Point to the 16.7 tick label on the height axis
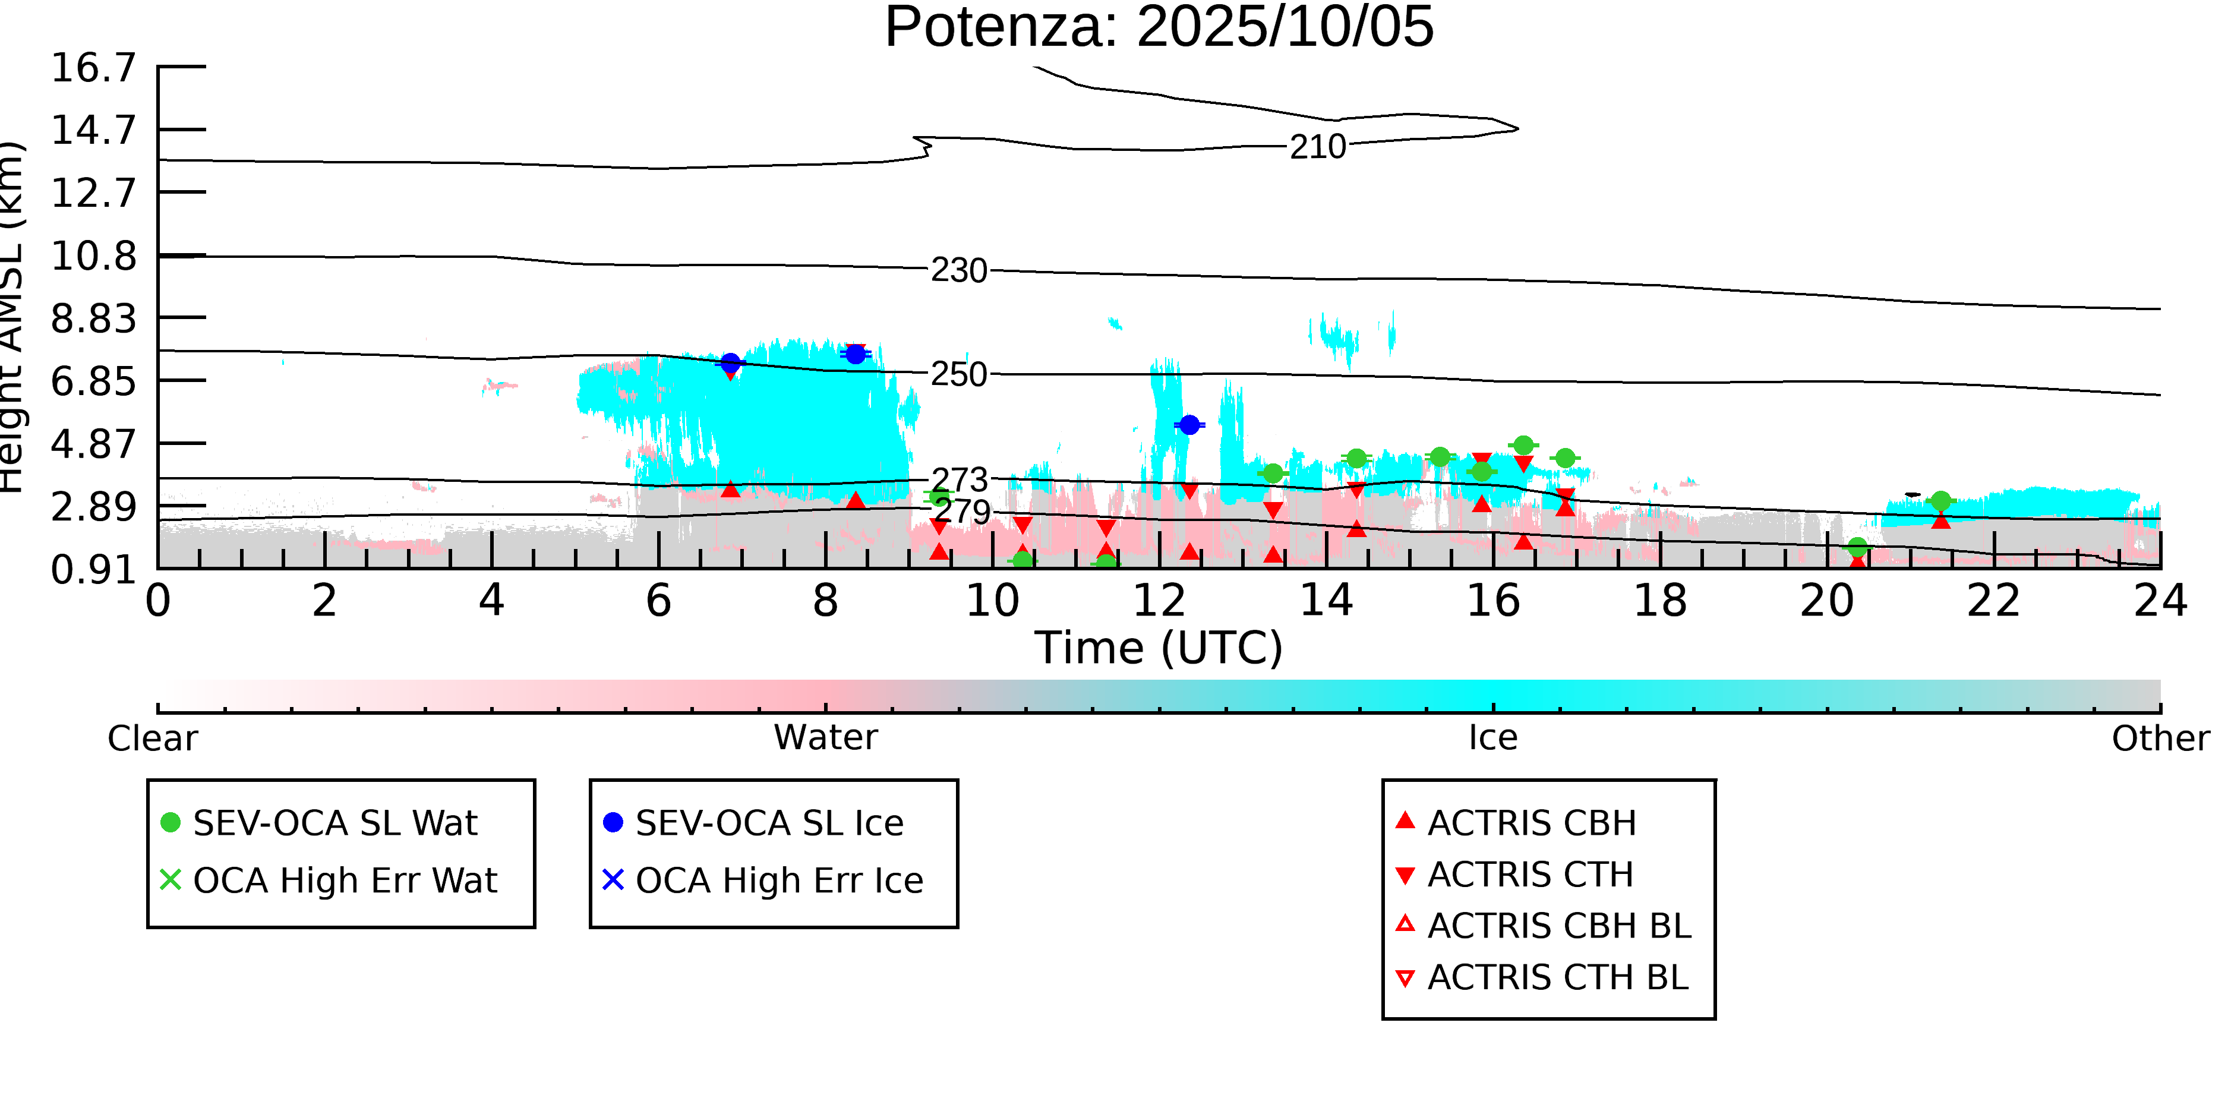tap(93, 68)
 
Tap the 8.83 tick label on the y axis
tap(93, 319)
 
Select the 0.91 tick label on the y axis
tap(93, 570)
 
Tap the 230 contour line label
tap(958, 272)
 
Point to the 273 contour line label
tap(958, 480)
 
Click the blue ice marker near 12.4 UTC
tap(1189, 425)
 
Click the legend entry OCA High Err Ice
tap(778, 881)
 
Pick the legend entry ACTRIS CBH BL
tap(1558, 926)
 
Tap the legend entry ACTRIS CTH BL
tap(1557, 977)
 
